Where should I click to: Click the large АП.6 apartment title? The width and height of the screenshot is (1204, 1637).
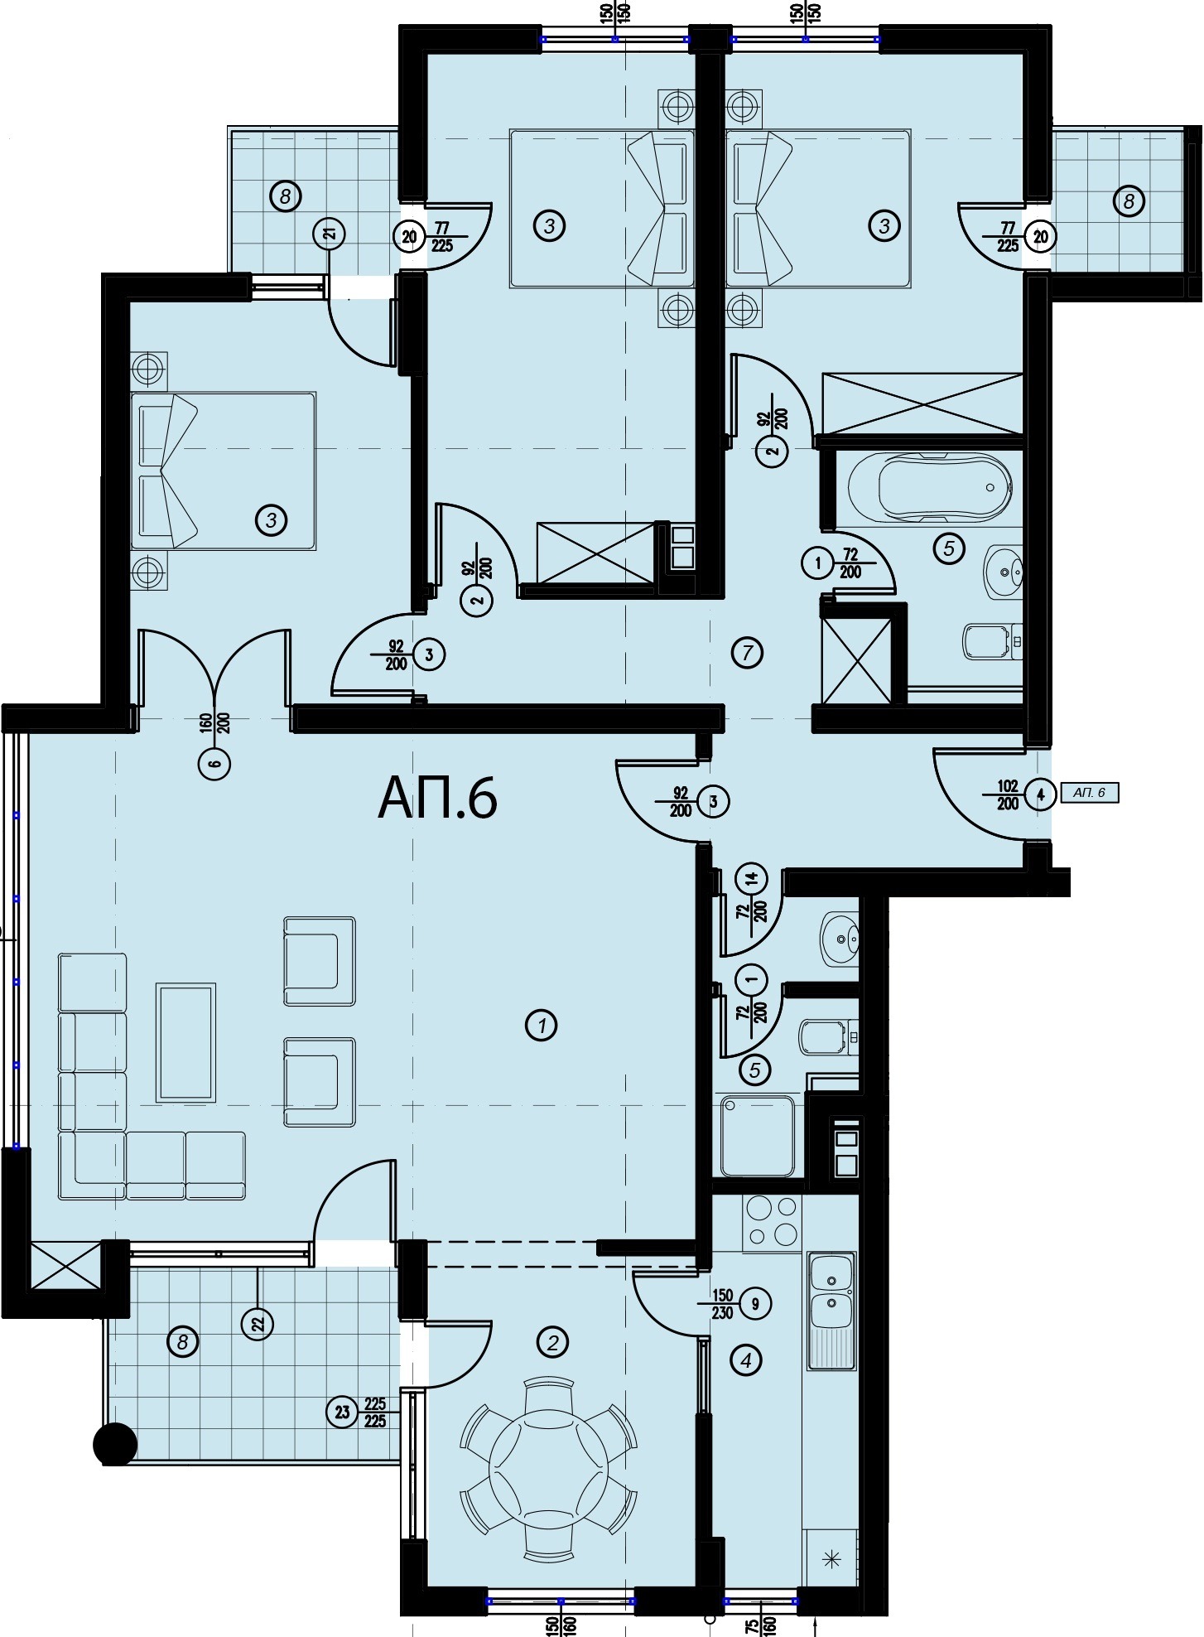(x=437, y=799)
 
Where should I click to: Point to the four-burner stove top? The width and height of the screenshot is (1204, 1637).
(x=772, y=1223)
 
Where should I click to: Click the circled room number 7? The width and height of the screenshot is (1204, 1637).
(x=748, y=653)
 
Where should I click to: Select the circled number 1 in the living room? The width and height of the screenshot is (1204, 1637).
(x=542, y=1026)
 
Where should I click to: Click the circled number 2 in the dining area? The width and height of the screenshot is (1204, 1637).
(x=553, y=1341)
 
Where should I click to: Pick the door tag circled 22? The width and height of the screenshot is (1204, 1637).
(x=258, y=1324)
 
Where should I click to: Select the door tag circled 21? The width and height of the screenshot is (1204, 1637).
(x=330, y=234)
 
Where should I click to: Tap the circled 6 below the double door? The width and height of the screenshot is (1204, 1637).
(x=214, y=765)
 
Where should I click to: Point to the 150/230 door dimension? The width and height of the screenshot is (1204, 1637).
(x=722, y=1304)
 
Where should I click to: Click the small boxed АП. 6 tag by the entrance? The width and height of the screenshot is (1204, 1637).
(x=1089, y=793)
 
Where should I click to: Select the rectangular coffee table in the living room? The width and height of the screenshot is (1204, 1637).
(x=186, y=1042)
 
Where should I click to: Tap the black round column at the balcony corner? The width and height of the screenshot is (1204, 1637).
(x=115, y=1445)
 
